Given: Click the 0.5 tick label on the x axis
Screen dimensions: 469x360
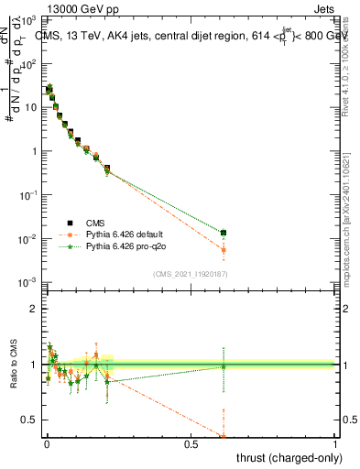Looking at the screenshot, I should click(x=191, y=442).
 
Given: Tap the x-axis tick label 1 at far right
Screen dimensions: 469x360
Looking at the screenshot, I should click(x=335, y=442).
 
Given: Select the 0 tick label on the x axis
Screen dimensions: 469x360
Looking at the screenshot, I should click(x=47, y=442).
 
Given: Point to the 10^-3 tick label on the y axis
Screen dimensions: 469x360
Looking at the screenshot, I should click(x=29, y=282).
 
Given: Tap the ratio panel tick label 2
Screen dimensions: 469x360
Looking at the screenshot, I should click(x=34, y=308).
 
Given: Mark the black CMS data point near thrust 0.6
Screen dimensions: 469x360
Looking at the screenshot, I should click(x=223, y=233).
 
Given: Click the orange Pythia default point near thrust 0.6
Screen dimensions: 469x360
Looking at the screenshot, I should click(x=223, y=250).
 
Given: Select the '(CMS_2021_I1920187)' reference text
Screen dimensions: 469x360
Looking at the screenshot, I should click(x=190, y=273).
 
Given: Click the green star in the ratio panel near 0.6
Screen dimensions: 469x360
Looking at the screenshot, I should click(x=223, y=367).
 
